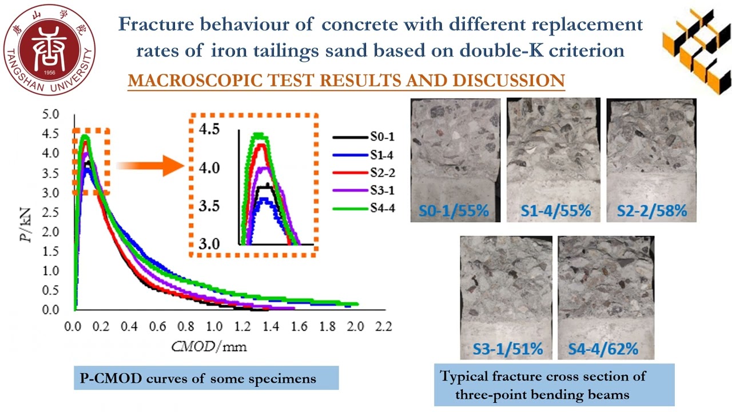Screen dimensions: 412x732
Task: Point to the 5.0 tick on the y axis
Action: point(51,114)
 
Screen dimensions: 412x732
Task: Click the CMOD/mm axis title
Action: point(209,346)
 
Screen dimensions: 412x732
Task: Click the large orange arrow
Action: point(150,167)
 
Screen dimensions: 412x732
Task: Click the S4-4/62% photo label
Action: point(603,348)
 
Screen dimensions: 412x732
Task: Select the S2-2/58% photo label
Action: point(651,211)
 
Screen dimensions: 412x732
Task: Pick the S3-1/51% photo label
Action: point(506,348)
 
